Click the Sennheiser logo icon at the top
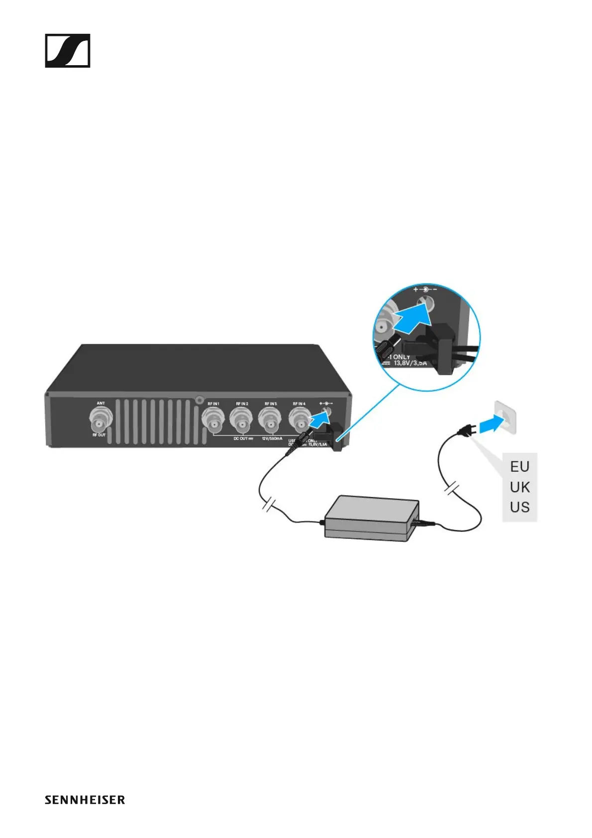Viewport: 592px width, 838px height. pyautogui.click(x=68, y=51)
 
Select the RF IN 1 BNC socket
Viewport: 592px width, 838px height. pyautogui.click(x=214, y=421)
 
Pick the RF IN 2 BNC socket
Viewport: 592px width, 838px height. pyautogui.click(x=241, y=421)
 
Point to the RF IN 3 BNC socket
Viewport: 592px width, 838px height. pyautogui.click(x=270, y=421)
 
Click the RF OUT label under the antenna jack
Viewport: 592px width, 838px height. pyautogui.click(x=99, y=435)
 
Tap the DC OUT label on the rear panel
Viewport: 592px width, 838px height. pyautogui.click(x=243, y=438)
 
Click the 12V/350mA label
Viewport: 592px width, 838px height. pyautogui.click(x=272, y=438)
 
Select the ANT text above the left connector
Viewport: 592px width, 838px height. pyautogui.click(x=100, y=403)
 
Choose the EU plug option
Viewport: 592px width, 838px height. pyautogui.click(x=519, y=467)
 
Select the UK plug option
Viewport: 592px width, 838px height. pyautogui.click(x=519, y=487)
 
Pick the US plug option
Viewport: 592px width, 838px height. pyautogui.click(x=519, y=508)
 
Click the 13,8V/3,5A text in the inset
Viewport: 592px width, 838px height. pyautogui.click(x=410, y=363)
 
